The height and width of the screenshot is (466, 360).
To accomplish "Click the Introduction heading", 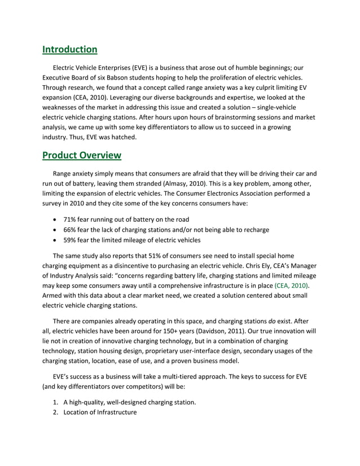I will pos(70,50).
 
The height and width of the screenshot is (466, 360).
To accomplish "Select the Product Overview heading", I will pos(82,155).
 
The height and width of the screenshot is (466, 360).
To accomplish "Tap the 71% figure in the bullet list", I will pos(71,219).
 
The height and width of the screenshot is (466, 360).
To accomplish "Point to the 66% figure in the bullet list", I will pos(71,230).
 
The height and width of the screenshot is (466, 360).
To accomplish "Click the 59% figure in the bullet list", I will pos(71,240).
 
